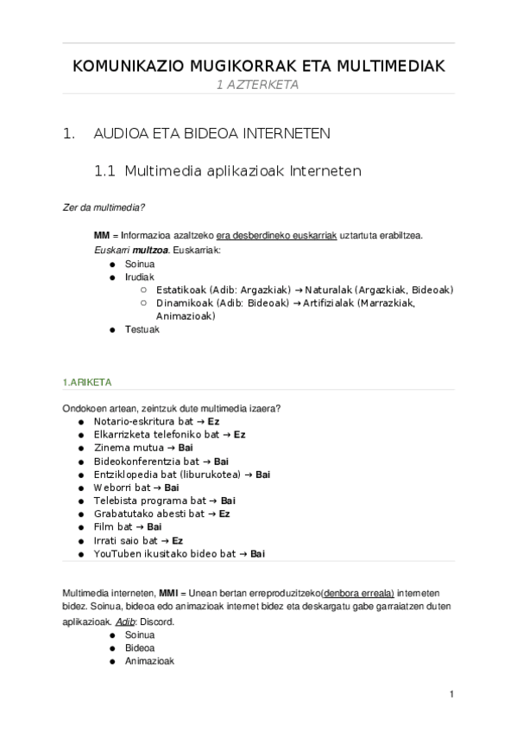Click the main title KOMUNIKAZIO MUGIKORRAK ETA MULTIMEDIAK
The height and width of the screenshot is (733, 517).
[258, 67]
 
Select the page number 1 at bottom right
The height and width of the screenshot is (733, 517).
[451, 694]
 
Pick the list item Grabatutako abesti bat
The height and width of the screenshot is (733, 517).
[148, 513]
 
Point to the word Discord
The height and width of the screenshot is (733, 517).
[156, 621]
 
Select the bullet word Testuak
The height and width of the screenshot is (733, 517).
[142, 329]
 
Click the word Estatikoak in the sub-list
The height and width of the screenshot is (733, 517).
[182, 290]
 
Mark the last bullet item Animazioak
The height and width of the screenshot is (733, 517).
[149, 660]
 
